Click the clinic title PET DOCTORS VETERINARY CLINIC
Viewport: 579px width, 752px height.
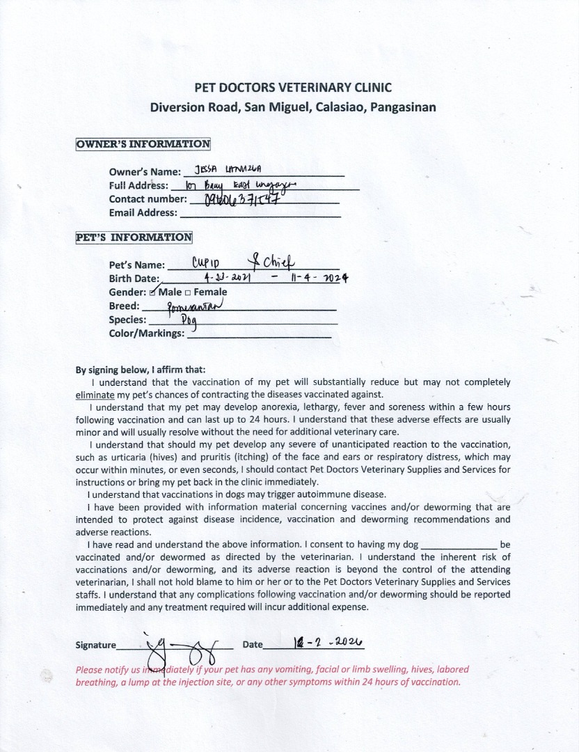[292, 88]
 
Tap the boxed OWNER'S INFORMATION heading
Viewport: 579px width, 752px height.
[143, 144]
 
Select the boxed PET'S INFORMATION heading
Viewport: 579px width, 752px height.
[134, 237]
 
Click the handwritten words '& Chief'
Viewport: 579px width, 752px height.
[274, 262]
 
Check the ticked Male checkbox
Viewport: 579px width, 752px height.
[153, 292]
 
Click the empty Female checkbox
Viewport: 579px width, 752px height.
[188, 292]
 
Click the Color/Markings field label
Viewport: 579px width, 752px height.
[147, 334]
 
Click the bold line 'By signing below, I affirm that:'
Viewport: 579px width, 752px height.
[141, 370]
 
